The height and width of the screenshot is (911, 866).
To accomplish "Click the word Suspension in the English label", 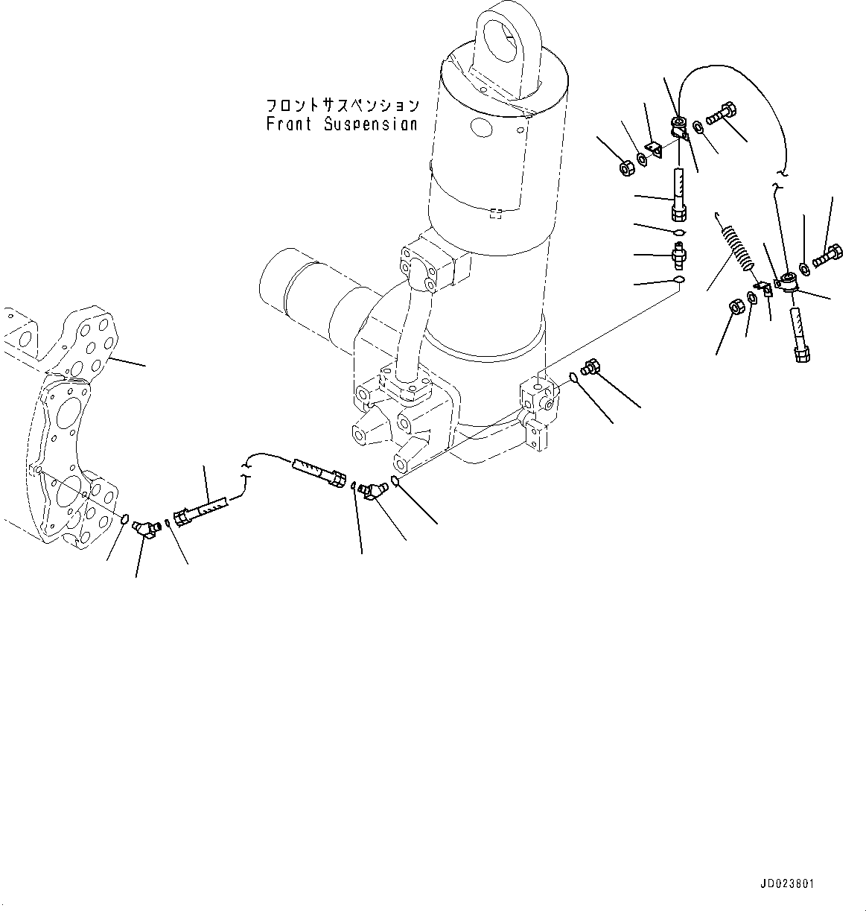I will pyautogui.click(x=370, y=124).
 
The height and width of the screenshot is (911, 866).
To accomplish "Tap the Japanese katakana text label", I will pyautogui.click(x=342, y=105).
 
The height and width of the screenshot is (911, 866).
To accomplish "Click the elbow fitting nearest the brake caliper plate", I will pyautogui.click(x=144, y=528).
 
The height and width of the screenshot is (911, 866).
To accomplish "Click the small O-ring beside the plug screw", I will pyautogui.click(x=574, y=378).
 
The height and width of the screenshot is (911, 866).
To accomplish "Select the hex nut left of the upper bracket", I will pyautogui.click(x=627, y=168).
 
